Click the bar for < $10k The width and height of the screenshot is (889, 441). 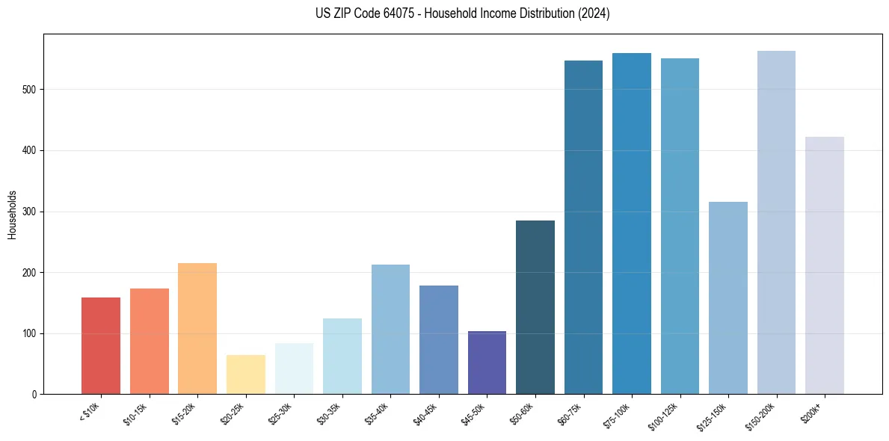101,346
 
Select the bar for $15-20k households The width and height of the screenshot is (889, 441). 197,329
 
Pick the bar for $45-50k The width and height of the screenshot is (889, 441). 487,363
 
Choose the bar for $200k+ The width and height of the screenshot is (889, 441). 825,265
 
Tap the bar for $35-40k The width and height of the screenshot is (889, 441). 390,330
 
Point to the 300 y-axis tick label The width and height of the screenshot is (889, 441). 31,212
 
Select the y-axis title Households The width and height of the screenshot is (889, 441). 13,214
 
